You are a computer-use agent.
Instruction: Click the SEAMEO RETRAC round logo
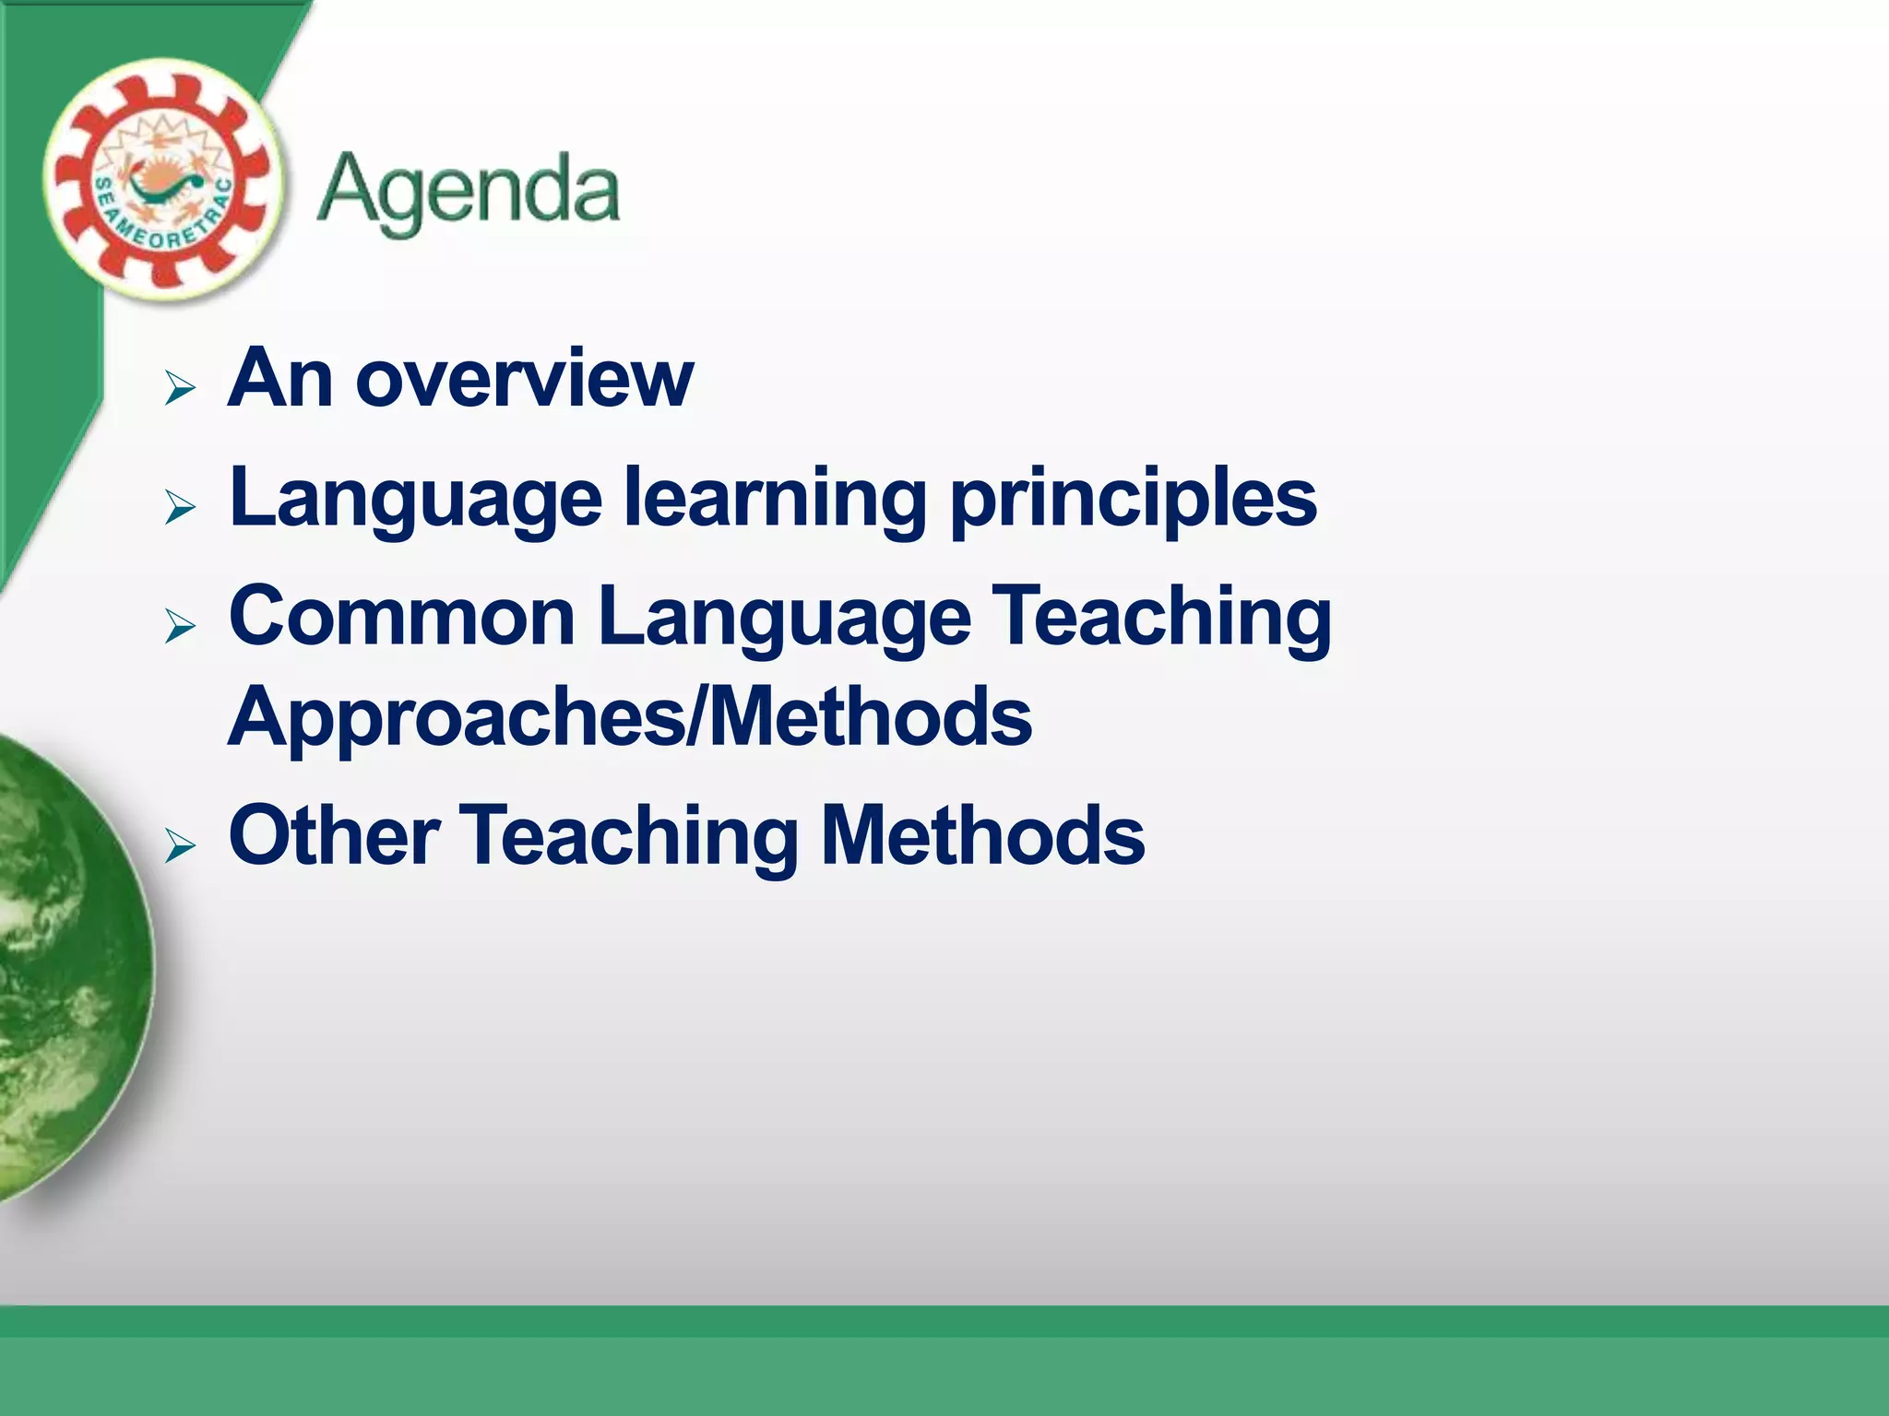tap(162, 180)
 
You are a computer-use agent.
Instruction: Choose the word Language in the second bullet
tap(415, 501)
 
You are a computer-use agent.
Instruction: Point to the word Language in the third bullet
tap(784, 619)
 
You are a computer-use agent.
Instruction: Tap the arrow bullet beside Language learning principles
tap(180, 507)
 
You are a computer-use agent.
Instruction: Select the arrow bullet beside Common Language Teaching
tap(180, 626)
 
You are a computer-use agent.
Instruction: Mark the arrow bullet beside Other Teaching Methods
tap(180, 844)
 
